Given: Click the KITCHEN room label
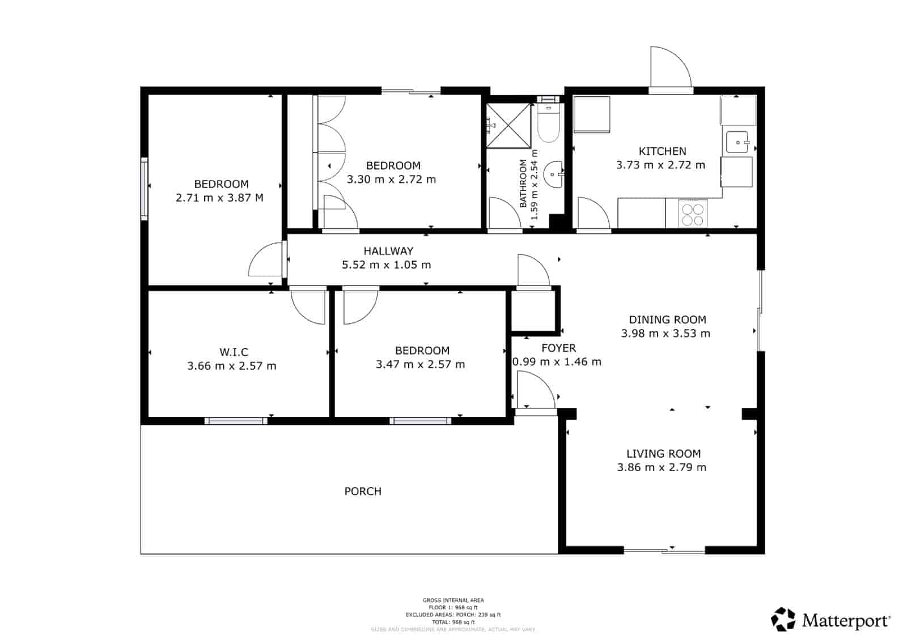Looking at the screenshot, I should (x=662, y=151).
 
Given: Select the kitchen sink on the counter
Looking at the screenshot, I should (x=738, y=142).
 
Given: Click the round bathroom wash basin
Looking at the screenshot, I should (x=553, y=174).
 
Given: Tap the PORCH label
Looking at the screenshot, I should (x=363, y=492).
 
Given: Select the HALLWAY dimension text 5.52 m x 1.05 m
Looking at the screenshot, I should (x=386, y=265).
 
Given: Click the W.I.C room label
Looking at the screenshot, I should (x=234, y=352).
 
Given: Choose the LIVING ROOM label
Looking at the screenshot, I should (x=663, y=454).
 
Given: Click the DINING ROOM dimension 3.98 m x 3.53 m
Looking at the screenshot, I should (x=665, y=334).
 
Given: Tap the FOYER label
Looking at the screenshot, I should (x=558, y=348).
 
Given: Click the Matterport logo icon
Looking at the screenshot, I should (x=783, y=620).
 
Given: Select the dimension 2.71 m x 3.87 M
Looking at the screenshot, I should (x=219, y=198).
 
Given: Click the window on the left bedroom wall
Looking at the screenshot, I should (x=145, y=189).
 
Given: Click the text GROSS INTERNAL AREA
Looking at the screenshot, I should (x=453, y=600).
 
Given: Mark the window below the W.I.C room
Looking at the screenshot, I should (x=236, y=421).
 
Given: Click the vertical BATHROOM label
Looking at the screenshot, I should (x=523, y=183).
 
